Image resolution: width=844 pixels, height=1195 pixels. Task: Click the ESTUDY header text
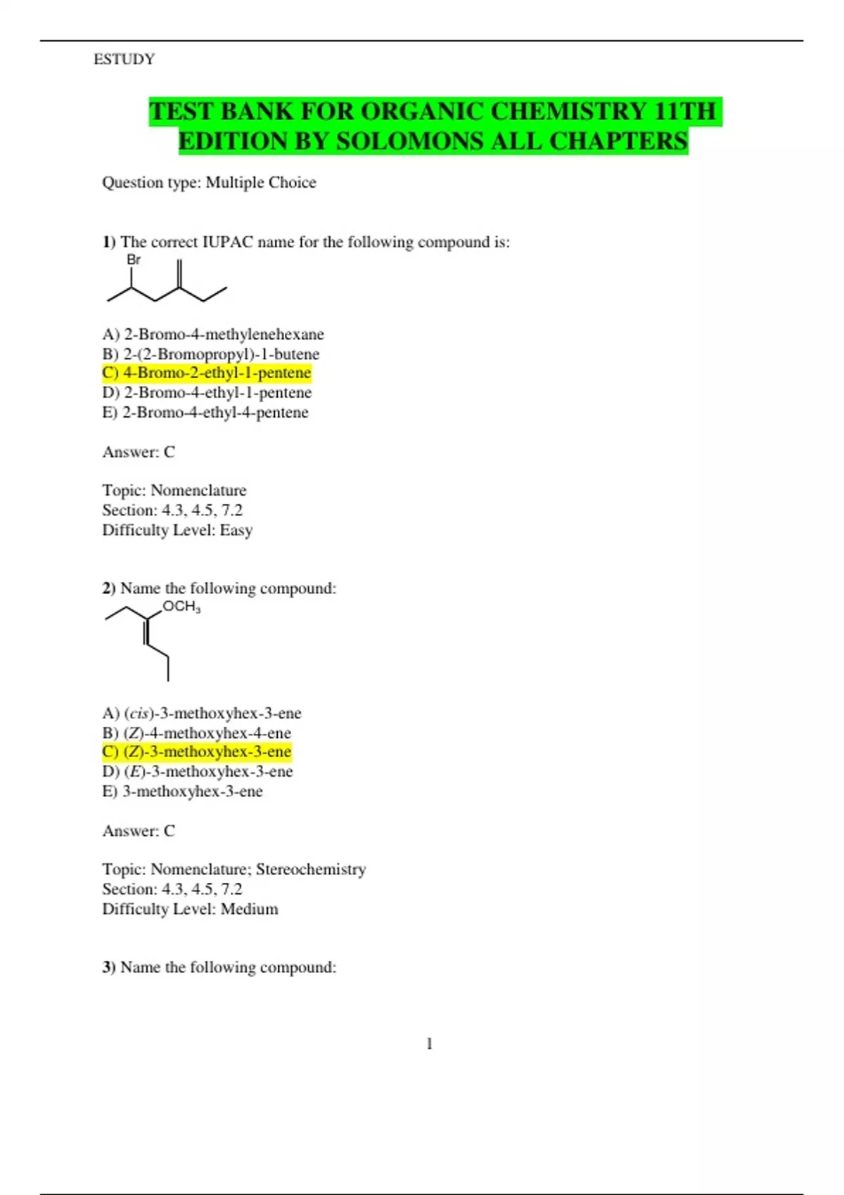coord(124,59)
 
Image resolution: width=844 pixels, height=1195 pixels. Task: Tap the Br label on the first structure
coord(134,260)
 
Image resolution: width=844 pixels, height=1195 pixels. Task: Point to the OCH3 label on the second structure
coord(181,607)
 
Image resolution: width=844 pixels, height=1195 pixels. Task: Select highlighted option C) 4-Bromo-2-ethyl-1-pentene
coord(207,373)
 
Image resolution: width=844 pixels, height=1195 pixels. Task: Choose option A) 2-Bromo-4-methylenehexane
coord(213,334)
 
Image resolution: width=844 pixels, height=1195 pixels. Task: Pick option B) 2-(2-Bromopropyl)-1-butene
coord(211,354)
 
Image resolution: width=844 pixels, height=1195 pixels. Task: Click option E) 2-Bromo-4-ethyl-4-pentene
coord(205,412)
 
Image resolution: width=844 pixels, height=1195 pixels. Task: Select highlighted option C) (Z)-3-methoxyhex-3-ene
coord(197,751)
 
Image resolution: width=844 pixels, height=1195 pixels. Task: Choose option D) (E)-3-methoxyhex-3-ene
coord(198,771)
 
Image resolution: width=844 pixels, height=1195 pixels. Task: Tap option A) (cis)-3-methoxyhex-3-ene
coord(202,713)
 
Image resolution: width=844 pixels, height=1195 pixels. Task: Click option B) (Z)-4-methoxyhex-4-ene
coord(197,732)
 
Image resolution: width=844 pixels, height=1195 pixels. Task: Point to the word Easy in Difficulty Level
coord(236,530)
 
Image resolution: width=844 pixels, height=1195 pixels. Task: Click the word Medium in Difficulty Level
coord(249,909)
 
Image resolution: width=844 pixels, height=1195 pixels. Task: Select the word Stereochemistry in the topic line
coord(311,870)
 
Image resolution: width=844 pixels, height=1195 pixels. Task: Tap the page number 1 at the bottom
coord(429,1044)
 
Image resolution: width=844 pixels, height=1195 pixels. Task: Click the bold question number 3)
coord(109,967)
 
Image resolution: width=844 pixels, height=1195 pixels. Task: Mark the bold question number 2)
coord(109,588)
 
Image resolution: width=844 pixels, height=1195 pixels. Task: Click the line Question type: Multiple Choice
coord(209,183)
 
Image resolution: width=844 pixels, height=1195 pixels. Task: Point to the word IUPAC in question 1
coord(228,243)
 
